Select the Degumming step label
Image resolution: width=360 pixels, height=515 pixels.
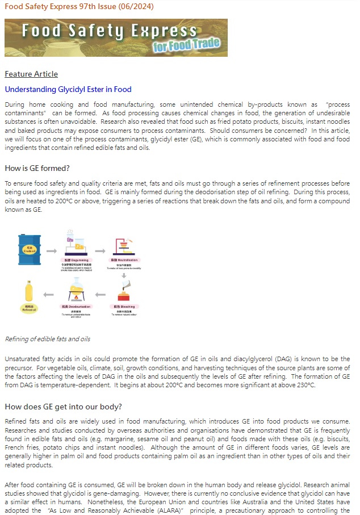[75, 259]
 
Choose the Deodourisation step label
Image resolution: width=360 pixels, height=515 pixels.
[75, 306]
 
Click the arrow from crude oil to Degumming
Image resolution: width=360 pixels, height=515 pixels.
[51, 250]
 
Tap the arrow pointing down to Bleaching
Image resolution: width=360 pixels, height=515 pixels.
[123, 275]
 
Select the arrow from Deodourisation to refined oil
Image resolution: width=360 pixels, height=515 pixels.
[49, 295]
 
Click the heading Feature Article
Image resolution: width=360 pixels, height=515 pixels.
[31, 74]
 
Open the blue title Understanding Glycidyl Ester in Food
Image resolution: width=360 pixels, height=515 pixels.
[68, 89]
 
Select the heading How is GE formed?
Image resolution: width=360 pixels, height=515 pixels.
[37, 168]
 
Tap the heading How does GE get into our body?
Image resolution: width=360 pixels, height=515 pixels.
[64, 407]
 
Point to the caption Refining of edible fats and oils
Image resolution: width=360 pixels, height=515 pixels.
[47, 339]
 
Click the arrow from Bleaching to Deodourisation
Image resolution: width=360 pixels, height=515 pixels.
[100, 295]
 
